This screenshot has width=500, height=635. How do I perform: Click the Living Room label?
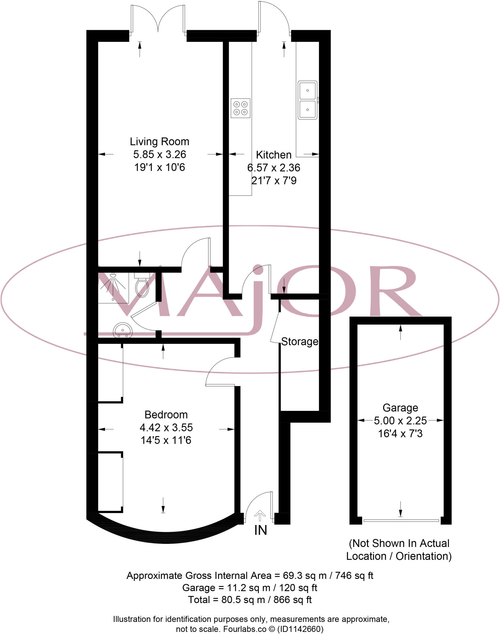click(159, 142)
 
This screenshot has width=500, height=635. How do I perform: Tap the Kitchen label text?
click(273, 155)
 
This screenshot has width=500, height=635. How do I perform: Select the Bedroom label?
click(166, 415)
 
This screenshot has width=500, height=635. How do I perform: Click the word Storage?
click(299, 341)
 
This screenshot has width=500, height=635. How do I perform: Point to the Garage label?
click(400, 407)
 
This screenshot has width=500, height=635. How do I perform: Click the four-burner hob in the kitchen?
click(240, 108)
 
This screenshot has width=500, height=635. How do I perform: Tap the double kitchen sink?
click(308, 100)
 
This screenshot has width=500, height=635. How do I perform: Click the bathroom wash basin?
click(123, 330)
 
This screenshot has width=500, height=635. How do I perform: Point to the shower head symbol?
click(113, 275)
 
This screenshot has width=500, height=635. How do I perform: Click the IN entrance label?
click(260, 530)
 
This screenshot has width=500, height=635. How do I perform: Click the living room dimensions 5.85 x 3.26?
click(160, 154)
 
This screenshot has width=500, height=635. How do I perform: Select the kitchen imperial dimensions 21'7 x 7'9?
click(274, 180)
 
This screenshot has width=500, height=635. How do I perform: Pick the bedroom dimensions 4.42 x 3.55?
click(166, 428)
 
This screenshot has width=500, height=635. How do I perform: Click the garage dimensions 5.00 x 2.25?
click(400, 421)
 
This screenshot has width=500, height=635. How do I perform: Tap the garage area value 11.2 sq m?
click(249, 588)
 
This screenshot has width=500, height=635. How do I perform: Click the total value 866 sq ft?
click(292, 600)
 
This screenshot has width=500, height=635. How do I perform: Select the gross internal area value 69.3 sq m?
click(304, 575)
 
